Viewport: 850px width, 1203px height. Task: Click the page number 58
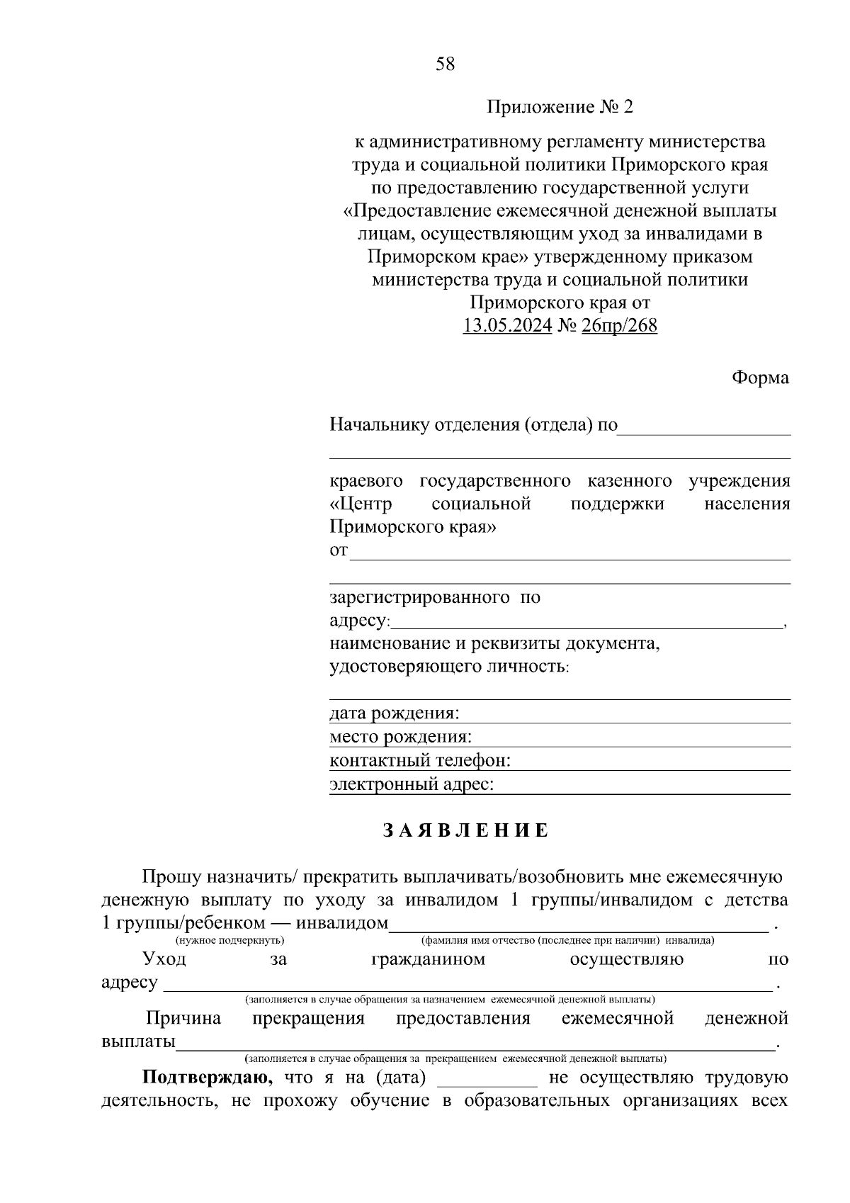click(446, 64)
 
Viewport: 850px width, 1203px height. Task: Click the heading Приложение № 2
click(559, 108)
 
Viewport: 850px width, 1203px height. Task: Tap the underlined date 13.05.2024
click(507, 326)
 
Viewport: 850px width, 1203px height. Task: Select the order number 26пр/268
click(619, 326)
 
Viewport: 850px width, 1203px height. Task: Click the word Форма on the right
click(760, 378)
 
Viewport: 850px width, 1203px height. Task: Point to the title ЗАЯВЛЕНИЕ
click(466, 831)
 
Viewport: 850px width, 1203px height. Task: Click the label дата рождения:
click(395, 713)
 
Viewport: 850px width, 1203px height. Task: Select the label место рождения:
click(400, 737)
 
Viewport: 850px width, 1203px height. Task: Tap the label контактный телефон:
click(420, 761)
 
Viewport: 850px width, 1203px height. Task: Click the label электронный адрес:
click(412, 784)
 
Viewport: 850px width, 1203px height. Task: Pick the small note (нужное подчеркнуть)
click(229, 941)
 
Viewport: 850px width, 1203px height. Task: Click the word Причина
click(183, 1019)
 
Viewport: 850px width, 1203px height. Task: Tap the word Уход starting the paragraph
click(164, 960)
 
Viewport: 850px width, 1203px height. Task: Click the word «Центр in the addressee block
click(361, 504)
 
